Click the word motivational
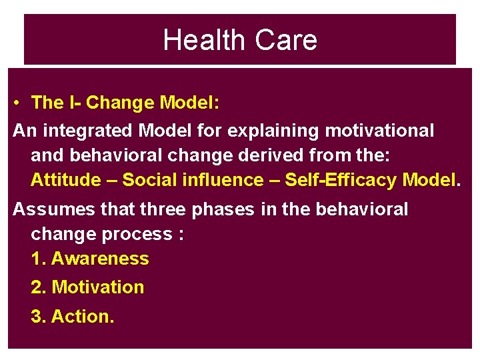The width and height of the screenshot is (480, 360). click(377, 131)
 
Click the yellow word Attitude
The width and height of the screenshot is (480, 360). click(64, 180)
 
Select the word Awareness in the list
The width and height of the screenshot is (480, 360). click(100, 259)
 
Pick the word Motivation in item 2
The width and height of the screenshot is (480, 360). click(98, 287)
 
